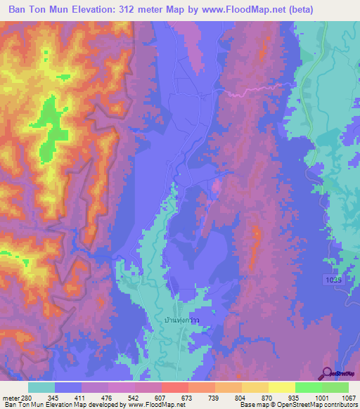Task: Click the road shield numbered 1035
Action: point(335,280)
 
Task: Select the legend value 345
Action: point(53,397)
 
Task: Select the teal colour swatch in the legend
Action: point(41,387)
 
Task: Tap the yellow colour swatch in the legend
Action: point(281,387)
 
